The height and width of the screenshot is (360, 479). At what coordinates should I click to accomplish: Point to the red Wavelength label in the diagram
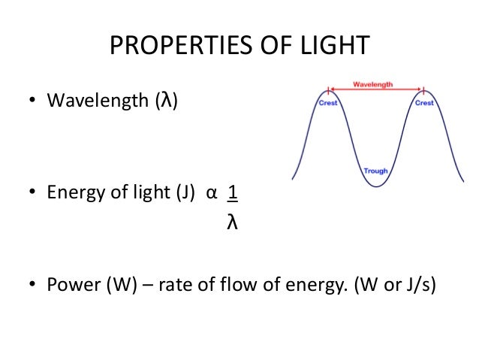(x=373, y=85)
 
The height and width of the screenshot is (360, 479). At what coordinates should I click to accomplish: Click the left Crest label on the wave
(x=328, y=104)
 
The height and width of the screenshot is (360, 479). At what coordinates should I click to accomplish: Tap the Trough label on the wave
(x=375, y=171)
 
